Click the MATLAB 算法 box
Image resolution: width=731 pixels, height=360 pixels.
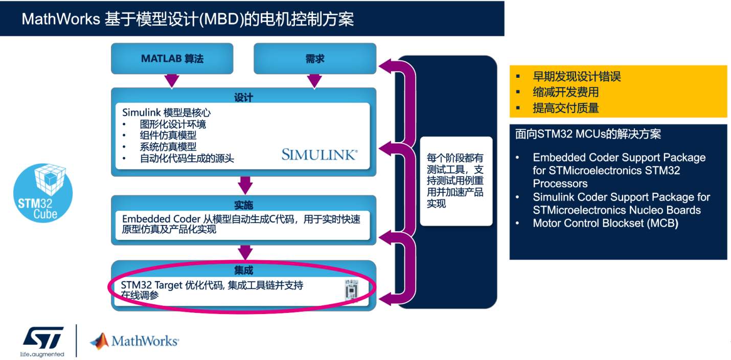(172, 58)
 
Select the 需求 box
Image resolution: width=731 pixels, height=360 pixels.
(315, 58)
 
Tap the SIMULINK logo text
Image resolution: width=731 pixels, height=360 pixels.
(319, 154)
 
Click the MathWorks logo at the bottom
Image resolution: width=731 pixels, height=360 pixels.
(134, 341)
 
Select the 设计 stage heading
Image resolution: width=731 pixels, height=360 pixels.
(244, 97)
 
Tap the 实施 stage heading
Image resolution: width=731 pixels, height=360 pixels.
(244, 206)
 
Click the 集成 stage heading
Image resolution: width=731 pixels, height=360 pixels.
(244, 271)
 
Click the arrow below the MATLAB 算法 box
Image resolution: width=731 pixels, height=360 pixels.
(172, 80)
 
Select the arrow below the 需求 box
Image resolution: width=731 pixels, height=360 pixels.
(315, 80)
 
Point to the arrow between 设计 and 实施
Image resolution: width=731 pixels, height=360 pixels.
(245, 185)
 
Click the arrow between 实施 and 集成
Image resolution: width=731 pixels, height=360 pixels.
(245, 252)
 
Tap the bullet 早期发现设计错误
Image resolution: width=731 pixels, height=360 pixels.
(577, 77)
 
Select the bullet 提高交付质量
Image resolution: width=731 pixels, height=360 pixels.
(565, 107)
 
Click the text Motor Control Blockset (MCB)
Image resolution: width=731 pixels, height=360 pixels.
(605, 223)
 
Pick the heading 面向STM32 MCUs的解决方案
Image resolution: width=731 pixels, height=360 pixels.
(588, 134)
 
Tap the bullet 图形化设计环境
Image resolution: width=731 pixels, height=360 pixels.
(173, 124)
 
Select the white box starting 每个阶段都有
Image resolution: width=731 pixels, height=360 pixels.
(456, 181)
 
